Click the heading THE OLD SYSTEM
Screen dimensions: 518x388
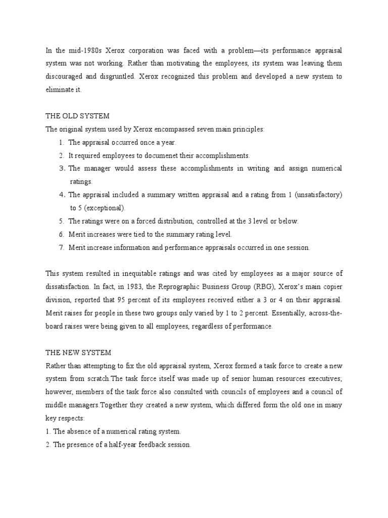tap(77, 116)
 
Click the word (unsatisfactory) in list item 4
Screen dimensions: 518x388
tap(320, 195)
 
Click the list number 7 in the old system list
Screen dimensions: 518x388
tap(61, 247)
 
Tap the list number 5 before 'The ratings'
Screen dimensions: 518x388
tap(61, 221)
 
